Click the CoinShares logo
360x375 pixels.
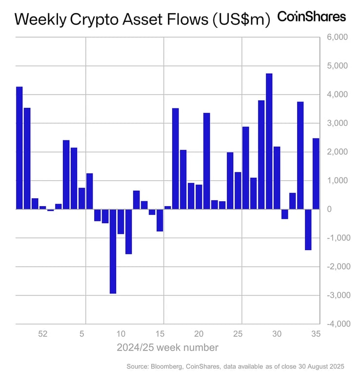311,17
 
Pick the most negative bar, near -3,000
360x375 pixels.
113,251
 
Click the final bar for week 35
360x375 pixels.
316,174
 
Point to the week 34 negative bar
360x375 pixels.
308,229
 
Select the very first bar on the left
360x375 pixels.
20,148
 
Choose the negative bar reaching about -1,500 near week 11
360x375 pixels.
128,231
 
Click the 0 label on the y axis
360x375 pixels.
330,209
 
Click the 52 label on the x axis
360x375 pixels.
43,334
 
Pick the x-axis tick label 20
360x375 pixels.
199,334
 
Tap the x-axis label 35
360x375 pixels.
315,334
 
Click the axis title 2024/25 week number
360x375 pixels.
167,348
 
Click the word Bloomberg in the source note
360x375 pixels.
165,366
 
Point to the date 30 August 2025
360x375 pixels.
320,366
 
